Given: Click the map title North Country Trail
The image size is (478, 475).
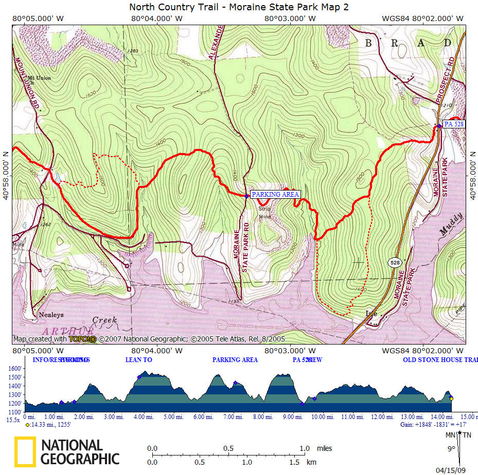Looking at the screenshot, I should pos(239,7).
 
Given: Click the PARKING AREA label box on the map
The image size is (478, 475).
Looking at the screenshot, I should pos(275,195).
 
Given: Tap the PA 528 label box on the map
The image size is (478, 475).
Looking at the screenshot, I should pos(454,124).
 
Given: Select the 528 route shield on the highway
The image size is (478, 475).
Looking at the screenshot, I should pos(395,262).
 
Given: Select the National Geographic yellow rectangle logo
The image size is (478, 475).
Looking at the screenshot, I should pos(25,452).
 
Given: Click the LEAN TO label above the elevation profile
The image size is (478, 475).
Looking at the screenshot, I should pos(138,360).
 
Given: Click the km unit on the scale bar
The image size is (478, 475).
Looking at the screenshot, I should pos(311,462).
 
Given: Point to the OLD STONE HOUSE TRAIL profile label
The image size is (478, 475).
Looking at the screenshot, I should pos(440,360).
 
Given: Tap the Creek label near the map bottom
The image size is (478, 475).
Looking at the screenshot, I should pos(104,320).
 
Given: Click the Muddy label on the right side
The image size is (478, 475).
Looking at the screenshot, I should pos(451,226).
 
